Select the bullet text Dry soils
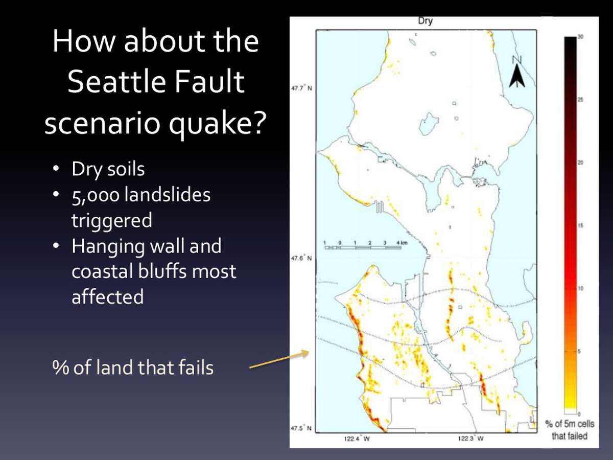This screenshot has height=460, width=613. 108,169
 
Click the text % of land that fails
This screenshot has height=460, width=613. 133,367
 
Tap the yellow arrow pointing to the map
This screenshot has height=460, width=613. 279,359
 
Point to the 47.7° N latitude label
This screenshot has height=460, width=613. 301,88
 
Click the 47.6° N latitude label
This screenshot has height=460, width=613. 301,259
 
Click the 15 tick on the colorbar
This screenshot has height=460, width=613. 580,225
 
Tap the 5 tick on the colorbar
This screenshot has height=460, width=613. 580,351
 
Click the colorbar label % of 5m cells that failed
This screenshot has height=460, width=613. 569,430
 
